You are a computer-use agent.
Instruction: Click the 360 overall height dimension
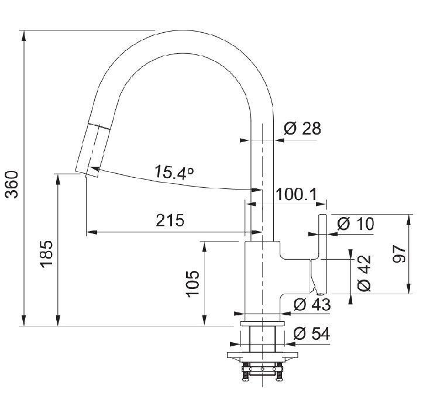[x=12, y=184]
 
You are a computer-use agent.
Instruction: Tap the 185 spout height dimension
[x=46, y=254]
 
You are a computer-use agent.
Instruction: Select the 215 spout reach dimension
[x=170, y=220]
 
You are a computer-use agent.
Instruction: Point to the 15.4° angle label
[x=174, y=172]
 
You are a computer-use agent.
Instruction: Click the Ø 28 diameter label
[x=302, y=129]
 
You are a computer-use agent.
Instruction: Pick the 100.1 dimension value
[x=296, y=194]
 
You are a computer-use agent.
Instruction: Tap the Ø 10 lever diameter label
[x=356, y=223]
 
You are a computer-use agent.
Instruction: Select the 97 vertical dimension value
[x=400, y=254]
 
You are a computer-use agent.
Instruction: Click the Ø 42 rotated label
[x=364, y=273]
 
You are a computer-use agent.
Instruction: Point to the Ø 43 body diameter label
[x=312, y=305]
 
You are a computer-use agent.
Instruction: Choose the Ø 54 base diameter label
[x=312, y=333]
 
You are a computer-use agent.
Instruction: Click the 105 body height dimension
[x=193, y=283]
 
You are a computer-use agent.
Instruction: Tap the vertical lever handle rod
[x=323, y=254]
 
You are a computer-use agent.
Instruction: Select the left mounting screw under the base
[x=246, y=372]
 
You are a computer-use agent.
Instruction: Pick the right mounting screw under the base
[x=279, y=372]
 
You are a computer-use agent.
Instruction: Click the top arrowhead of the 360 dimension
[x=24, y=36]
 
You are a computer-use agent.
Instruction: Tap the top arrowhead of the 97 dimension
[x=409, y=221]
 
